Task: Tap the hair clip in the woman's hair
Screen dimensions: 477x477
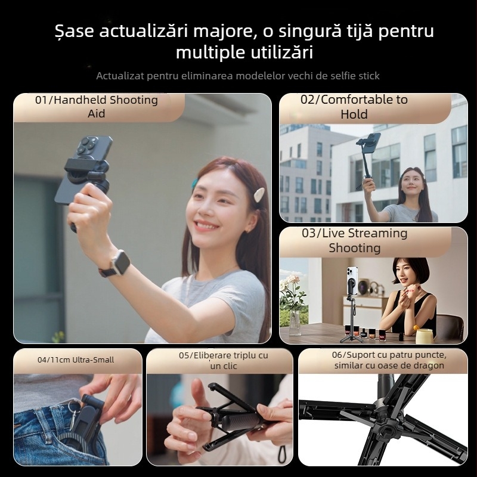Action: (x=259, y=194)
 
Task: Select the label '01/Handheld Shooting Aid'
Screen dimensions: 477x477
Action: (x=97, y=106)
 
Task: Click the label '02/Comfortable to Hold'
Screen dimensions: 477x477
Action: (x=354, y=107)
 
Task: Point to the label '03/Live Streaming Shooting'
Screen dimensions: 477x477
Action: (x=354, y=240)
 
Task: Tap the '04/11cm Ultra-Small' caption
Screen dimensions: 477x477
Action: (x=76, y=360)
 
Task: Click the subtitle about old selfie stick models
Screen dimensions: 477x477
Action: (x=238, y=76)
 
